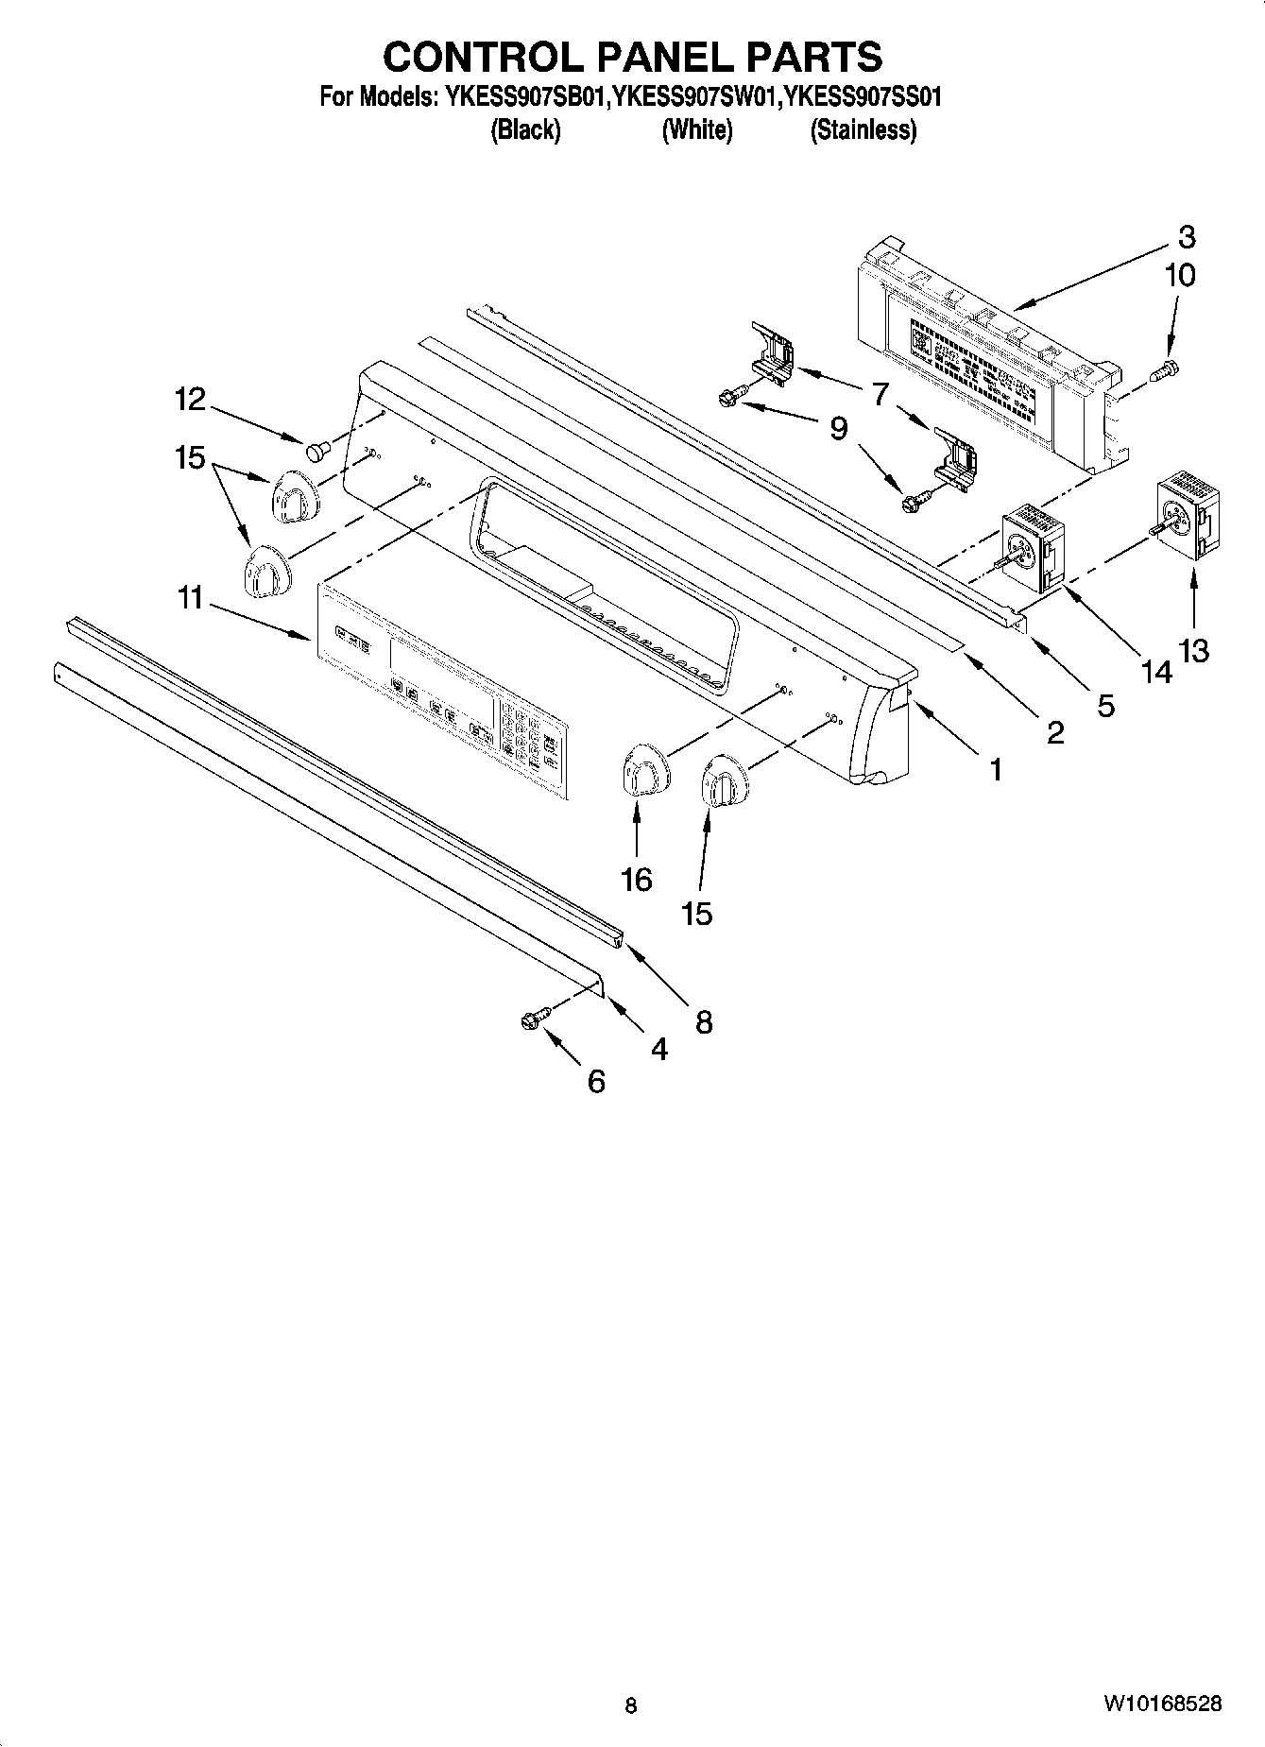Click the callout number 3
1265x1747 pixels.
click(1187, 236)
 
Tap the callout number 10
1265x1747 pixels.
click(1180, 275)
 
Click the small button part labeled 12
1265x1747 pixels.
click(316, 450)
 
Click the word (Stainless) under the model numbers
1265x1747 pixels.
click(863, 130)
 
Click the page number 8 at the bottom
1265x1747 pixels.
click(631, 1705)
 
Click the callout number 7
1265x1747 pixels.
click(880, 393)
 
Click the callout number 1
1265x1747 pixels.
click(994, 770)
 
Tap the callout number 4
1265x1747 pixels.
click(658, 1048)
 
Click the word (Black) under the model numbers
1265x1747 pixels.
click(525, 130)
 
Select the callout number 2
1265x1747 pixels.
click(1054, 730)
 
